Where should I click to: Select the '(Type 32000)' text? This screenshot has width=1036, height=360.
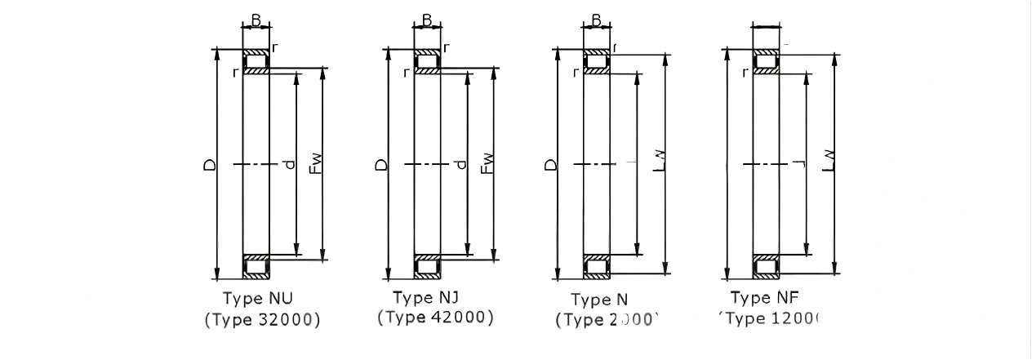[x=262, y=319]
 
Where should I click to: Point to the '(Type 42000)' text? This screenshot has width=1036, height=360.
[x=436, y=317]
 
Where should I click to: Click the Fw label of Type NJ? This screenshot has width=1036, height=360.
[x=487, y=163]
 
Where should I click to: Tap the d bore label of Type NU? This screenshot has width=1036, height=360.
[x=288, y=165]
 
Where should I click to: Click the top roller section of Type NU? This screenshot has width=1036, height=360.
[x=256, y=62]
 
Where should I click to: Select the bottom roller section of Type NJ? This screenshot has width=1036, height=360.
[x=427, y=266]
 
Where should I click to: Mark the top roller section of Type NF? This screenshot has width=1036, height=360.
[x=765, y=62]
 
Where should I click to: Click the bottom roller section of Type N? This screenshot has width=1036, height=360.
[x=596, y=266]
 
